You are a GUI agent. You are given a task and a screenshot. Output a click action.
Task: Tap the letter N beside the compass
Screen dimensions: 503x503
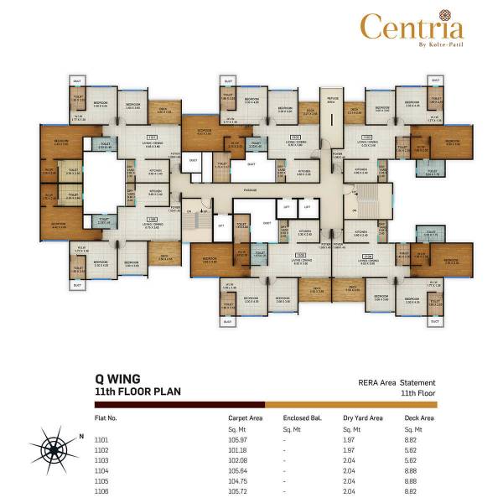tap(81, 436)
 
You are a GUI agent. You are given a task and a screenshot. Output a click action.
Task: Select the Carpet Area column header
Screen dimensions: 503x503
tap(245, 417)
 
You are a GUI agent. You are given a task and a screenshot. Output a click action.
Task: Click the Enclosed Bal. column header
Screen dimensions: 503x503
tap(299, 417)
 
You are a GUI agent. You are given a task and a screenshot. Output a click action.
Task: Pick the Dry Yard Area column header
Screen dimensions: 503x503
tap(362, 417)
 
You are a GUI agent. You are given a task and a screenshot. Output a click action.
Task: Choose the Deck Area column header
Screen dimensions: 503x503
tap(421, 417)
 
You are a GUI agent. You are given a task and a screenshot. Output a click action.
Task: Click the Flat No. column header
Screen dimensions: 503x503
tap(106, 417)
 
